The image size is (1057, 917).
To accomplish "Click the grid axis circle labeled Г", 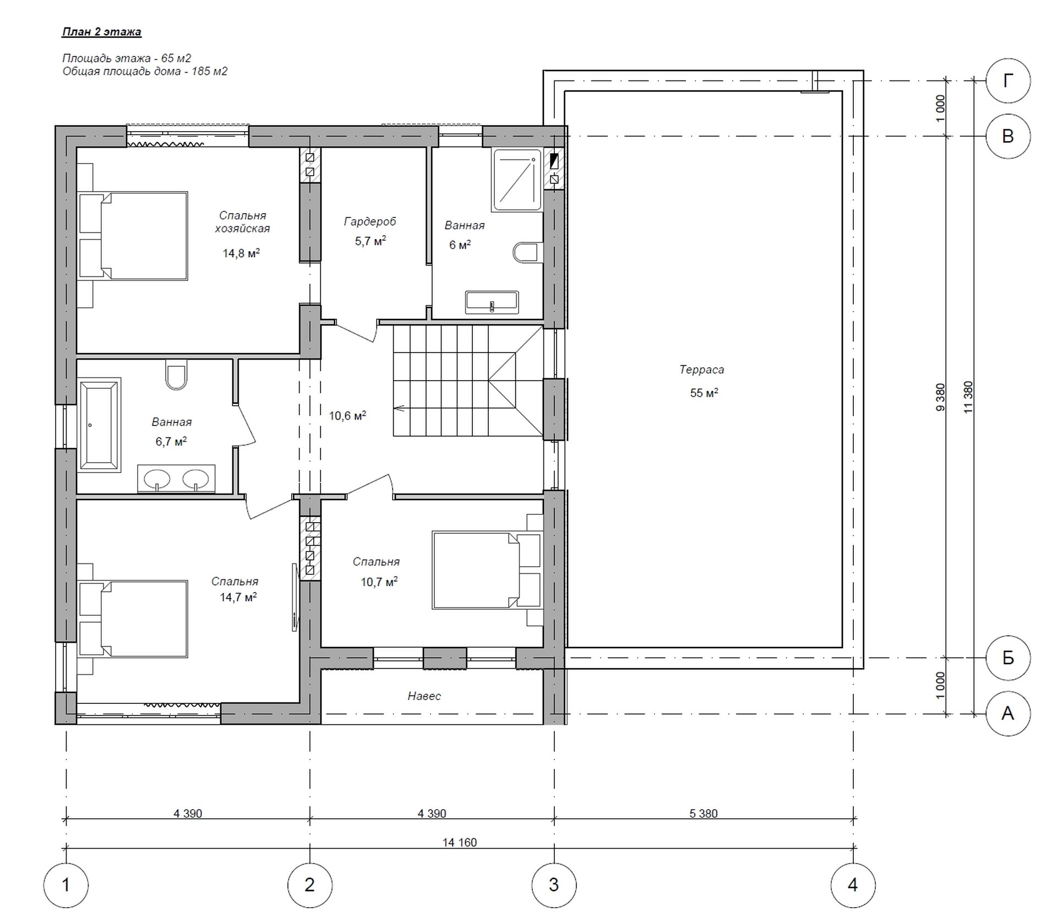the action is [x=1007, y=81].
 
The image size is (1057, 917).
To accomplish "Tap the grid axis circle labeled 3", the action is [x=554, y=885].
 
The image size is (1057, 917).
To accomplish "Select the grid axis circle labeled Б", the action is [x=1007, y=658].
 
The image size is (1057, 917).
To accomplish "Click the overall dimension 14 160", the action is [x=460, y=842].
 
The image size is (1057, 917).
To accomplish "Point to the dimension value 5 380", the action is [x=704, y=813].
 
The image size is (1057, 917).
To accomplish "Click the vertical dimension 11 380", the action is [x=969, y=397].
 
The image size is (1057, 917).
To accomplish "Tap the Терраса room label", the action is [x=701, y=370].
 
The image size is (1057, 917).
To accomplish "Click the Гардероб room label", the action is [x=370, y=221].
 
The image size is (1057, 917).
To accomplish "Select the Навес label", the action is [x=424, y=696].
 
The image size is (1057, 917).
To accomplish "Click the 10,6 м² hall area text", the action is [x=347, y=415].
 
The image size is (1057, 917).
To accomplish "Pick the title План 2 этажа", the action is [x=101, y=31].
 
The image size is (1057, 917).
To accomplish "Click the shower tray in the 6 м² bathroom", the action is [x=517, y=180].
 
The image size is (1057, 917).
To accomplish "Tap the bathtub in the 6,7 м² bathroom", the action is [x=99, y=425].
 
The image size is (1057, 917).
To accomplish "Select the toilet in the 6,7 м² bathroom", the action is [x=176, y=375].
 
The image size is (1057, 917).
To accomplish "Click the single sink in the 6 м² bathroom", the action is [x=492, y=302].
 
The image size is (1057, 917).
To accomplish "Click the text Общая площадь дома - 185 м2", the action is [x=145, y=71].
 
